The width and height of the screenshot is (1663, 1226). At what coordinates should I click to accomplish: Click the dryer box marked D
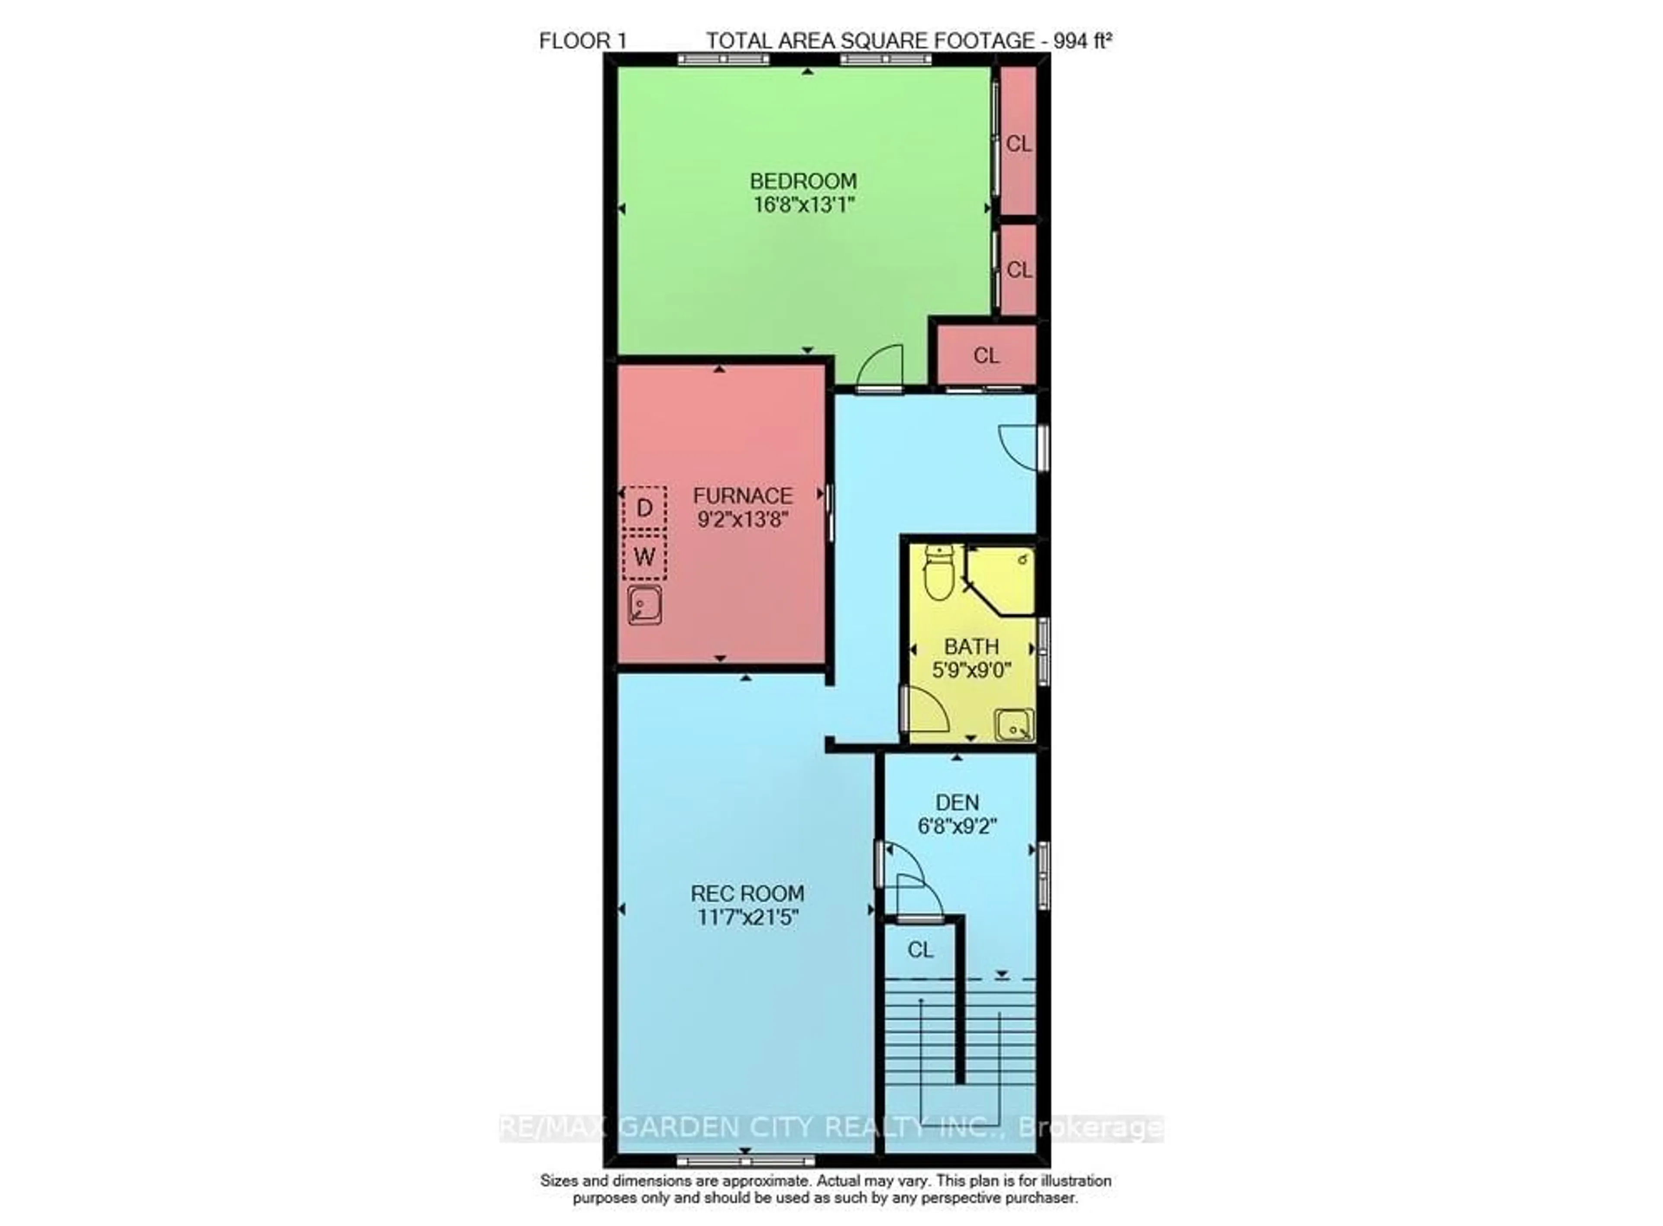tap(644, 508)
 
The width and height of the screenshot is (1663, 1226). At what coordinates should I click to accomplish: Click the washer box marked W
tap(644, 556)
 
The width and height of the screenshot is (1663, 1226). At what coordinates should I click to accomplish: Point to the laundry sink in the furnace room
tap(644, 605)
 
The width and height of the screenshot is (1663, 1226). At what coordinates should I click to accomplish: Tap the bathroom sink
tap(1013, 725)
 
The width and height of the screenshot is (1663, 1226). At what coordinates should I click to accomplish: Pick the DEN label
tap(957, 802)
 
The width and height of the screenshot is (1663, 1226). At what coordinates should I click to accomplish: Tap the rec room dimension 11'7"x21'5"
tap(747, 917)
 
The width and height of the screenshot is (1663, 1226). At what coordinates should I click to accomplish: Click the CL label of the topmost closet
tap(1018, 143)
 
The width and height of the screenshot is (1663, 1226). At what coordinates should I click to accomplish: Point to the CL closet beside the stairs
tap(920, 949)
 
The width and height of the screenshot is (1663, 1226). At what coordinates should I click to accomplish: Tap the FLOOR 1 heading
tap(583, 41)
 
